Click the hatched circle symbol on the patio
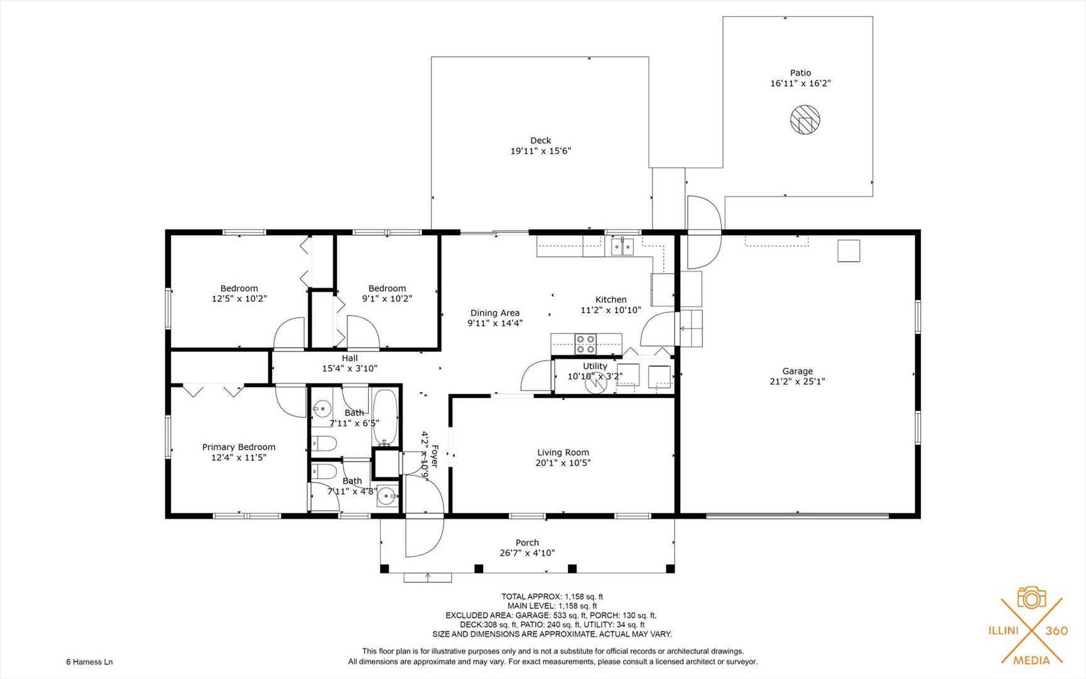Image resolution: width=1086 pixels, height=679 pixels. [805, 119]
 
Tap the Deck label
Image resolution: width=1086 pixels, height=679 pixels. [540, 140]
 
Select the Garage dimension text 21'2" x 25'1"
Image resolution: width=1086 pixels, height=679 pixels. [797, 381]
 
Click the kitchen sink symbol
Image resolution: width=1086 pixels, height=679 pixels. [622, 246]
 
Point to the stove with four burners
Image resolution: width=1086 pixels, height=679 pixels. [585, 344]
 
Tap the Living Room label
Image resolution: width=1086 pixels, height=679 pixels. [563, 452]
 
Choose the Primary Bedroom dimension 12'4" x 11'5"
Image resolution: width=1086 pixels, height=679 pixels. [239, 458]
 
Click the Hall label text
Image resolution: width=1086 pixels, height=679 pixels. [350, 358]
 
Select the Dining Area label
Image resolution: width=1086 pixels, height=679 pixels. [495, 312]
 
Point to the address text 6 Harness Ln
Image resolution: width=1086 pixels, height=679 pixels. [89, 661]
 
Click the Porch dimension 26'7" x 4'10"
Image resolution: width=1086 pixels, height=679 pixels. [527, 553]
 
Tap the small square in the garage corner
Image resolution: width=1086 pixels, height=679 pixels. [849, 251]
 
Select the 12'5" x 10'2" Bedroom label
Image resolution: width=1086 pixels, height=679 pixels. [239, 294]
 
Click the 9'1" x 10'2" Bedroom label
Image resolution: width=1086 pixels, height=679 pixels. [387, 294]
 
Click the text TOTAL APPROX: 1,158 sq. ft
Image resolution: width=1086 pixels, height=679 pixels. [552, 596]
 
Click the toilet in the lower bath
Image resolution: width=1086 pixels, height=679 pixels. [325, 472]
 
